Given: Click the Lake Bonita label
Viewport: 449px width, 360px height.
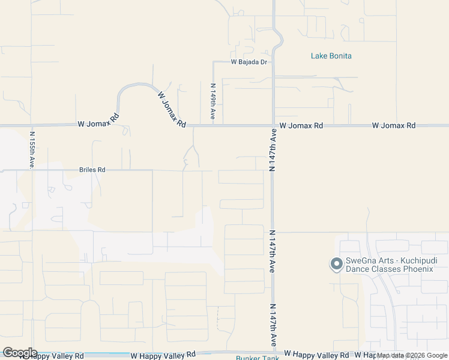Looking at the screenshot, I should pyautogui.click(x=331, y=56).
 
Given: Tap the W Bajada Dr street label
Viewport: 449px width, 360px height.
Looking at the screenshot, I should pyautogui.click(x=249, y=62).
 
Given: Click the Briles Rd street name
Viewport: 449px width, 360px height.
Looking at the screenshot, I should pyautogui.click(x=92, y=170).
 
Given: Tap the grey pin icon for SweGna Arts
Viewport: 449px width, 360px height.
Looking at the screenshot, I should pyautogui.click(x=336, y=263).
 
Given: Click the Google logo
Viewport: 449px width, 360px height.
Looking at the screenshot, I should pyautogui.click(x=19, y=353).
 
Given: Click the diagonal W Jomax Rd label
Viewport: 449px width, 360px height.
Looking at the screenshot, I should pyautogui.click(x=172, y=109).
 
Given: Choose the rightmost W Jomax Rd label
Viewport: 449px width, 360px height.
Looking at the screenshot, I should pyautogui.click(x=393, y=125).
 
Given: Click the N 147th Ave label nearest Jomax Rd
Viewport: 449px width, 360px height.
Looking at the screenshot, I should pyautogui.click(x=273, y=149).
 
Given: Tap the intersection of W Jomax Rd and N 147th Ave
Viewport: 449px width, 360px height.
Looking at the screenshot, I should pyautogui.click(x=273, y=126).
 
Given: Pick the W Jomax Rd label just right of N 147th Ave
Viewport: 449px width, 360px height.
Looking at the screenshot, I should pyautogui.click(x=301, y=125).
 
